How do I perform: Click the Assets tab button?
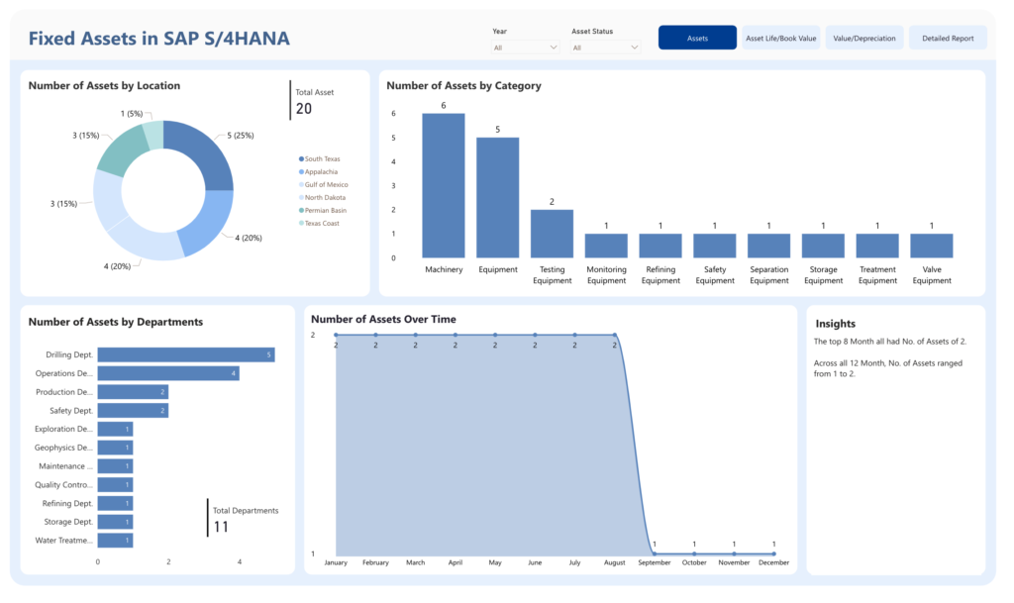tap(697, 39)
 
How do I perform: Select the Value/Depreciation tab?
tap(863, 39)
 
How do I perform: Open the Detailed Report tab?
tap(948, 39)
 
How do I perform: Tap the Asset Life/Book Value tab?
tap(780, 39)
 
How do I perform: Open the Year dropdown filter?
tap(525, 48)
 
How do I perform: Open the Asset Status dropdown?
tap(605, 48)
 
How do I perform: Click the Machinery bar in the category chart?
tap(444, 185)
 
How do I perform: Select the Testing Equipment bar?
tap(552, 234)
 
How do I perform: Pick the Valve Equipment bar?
tap(931, 246)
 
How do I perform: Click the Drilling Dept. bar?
tap(186, 354)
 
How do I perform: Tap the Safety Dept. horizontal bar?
tap(134, 410)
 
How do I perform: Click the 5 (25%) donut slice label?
tap(240, 136)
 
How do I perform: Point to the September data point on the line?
tap(655, 553)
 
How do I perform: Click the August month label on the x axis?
tap(614, 563)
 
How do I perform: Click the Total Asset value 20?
tap(304, 109)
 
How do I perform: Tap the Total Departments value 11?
tap(221, 527)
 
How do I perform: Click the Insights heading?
tap(835, 324)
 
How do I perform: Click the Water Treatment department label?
tap(64, 541)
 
